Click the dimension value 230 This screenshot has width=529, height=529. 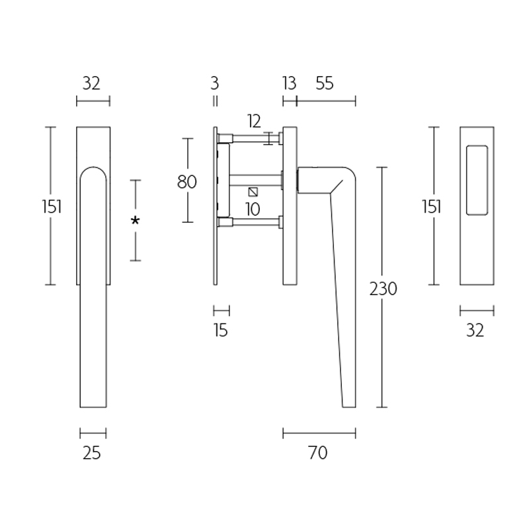[x=384, y=289]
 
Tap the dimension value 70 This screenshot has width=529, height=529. [x=318, y=453]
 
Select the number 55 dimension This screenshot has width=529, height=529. [x=325, y=83]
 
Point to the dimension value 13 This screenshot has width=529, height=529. [x=289, y=83]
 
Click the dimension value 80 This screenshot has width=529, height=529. [x=187, y=181]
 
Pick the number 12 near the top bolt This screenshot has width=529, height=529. [x=254, y=121]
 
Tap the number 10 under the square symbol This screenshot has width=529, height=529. [x=252, y=210]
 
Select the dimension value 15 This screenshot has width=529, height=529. [x=221, y=330]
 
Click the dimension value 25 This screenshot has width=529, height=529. [x=92, y=453]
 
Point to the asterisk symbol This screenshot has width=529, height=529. [x=135, y=221]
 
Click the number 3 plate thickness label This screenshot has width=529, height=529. [x=214, y=83]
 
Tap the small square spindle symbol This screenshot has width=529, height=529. [x=253, y=192]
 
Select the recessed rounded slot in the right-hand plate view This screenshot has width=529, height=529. [x=477, y=181]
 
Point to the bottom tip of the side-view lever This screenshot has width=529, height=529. [x=348, y=405]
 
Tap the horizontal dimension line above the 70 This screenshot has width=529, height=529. [x=319, y=433]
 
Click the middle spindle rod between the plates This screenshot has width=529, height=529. [x=255, y=178]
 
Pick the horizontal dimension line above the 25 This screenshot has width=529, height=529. [x=93, y=433]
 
